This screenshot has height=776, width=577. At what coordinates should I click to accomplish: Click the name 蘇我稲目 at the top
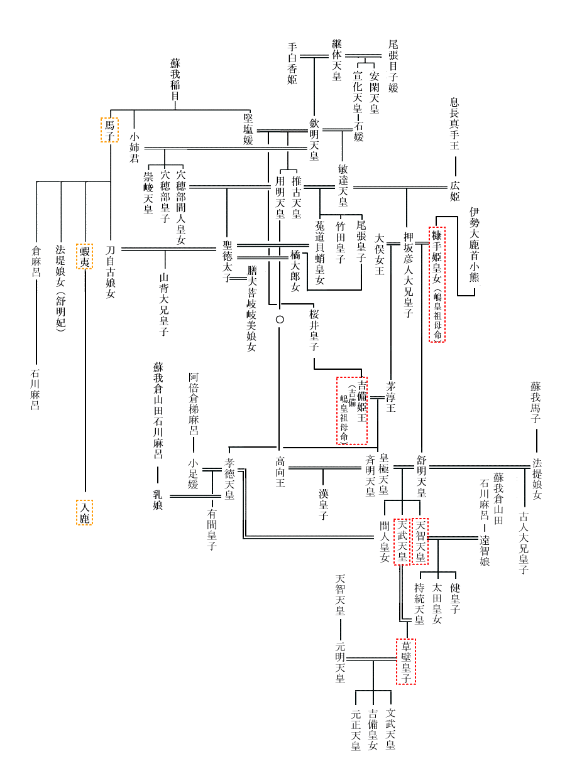[175, 80]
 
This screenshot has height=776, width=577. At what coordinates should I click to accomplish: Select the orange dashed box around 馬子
[109, 129]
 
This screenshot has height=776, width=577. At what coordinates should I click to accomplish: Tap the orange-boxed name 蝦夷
[85, 256]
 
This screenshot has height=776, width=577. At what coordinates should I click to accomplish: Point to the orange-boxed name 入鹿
[84, 512]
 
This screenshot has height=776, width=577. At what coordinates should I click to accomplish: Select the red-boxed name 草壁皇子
[406, 662]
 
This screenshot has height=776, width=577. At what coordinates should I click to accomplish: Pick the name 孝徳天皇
[229, 479]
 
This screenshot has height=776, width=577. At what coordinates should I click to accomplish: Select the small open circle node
[280, 320]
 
